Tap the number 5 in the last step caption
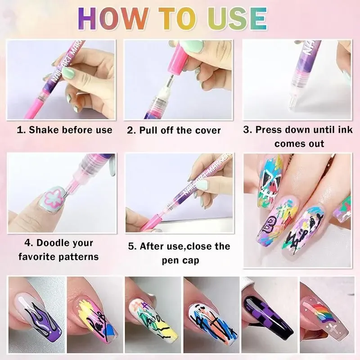coord(130,247)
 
